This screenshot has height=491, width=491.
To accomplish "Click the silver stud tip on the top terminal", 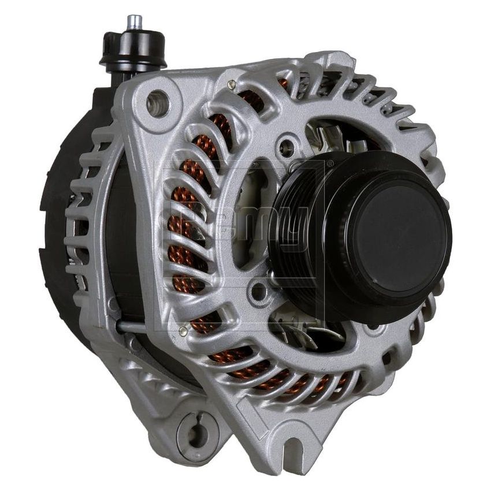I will click(x=135, y=22).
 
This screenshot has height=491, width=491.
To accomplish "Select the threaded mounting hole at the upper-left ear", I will click(x=158, y=104).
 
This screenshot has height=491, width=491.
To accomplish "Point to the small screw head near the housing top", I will click(x=232, y=84).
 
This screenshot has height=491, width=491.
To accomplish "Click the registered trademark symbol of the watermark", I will click(x=330, y=163).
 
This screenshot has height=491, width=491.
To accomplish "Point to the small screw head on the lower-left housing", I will click(x=183, y=331).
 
